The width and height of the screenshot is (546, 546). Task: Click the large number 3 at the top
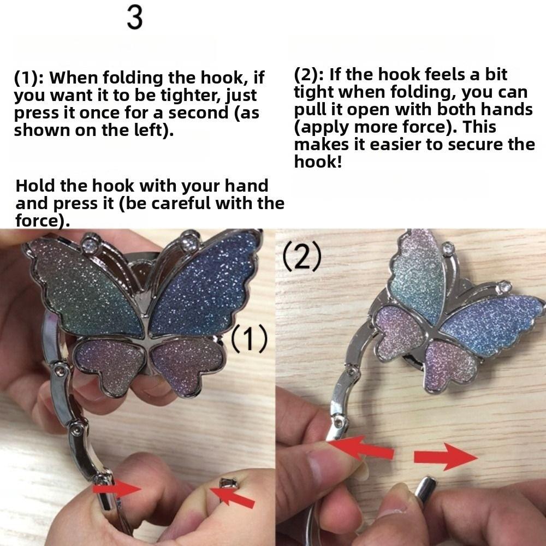135,18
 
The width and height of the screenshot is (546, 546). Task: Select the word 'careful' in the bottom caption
175,204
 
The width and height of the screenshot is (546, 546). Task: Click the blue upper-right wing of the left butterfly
205,289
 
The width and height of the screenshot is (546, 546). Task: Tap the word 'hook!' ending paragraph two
317,162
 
